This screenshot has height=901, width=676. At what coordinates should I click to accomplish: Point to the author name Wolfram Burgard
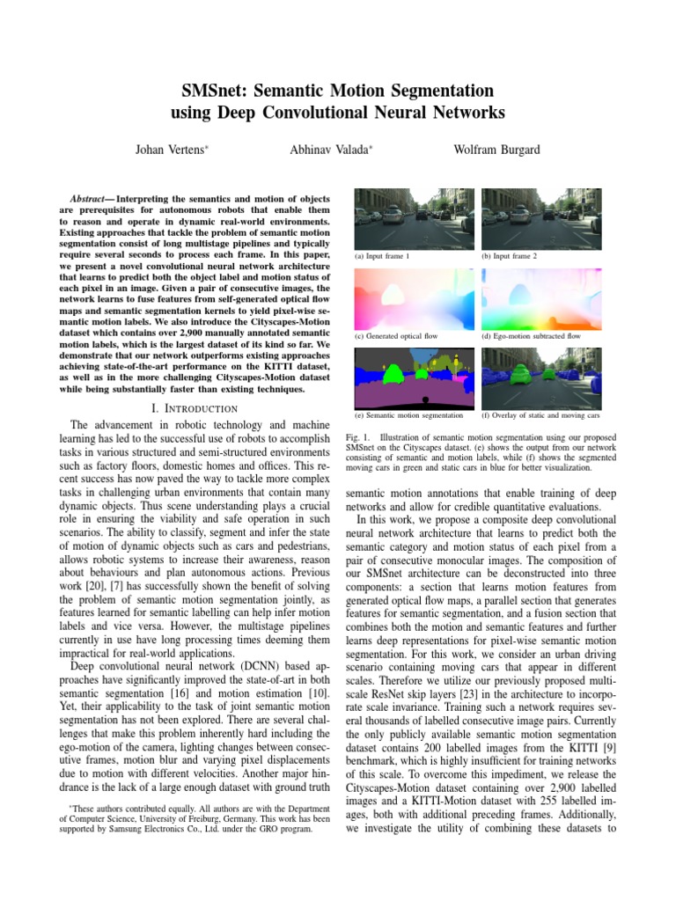(496, 150)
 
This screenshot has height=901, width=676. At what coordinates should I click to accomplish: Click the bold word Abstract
(91, 199)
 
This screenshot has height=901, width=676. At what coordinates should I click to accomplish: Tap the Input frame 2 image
(540, 218)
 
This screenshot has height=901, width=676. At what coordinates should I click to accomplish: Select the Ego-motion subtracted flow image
(540, 298)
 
